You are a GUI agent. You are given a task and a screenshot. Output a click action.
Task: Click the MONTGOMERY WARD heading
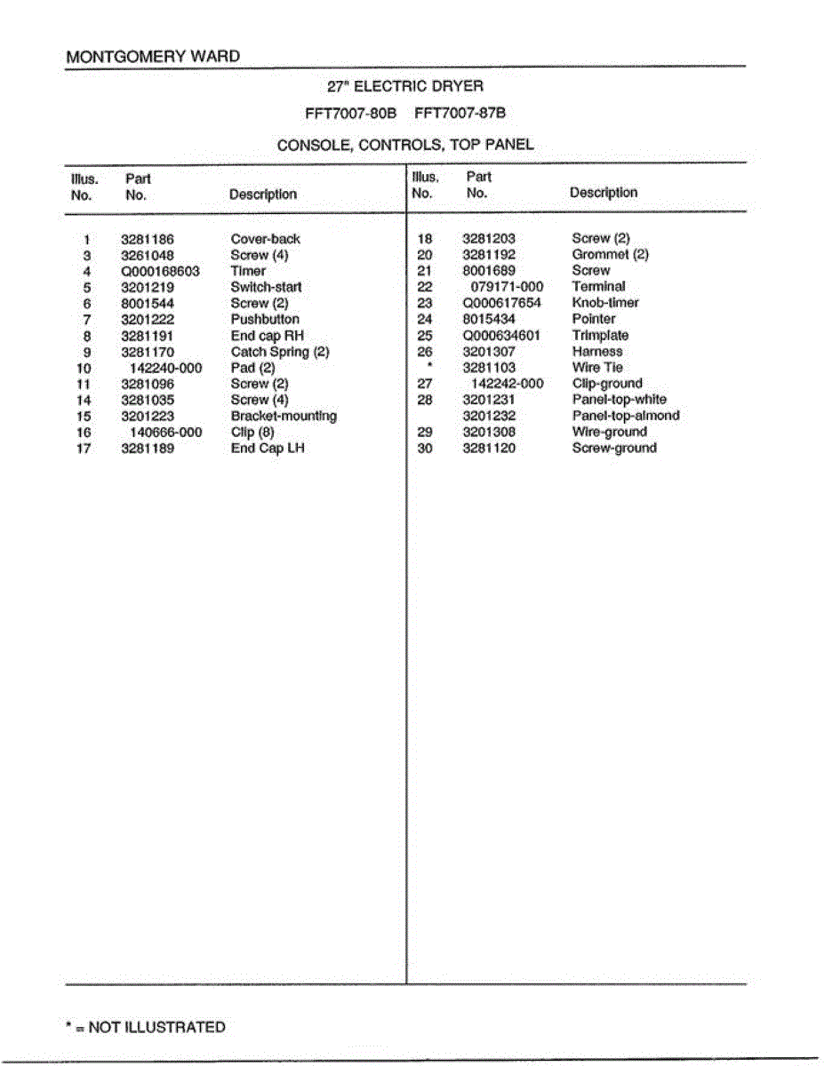pos(153,57)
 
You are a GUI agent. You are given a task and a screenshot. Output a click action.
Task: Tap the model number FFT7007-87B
pos(460,114)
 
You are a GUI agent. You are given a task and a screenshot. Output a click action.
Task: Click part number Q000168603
pos(160,271)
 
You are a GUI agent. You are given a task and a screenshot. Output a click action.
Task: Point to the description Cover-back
pos(265,239)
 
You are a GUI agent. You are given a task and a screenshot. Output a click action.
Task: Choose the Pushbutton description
pos(265,319)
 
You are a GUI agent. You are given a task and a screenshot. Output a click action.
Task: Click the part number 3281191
pos(147,336)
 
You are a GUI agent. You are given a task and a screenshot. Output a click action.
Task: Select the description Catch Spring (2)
pos(280,352)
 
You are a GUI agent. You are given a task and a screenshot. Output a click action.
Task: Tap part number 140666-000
pos(166,432)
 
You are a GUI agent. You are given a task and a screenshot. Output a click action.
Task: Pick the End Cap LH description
pos(267,448)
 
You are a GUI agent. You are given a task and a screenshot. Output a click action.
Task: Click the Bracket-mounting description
pos(284,416)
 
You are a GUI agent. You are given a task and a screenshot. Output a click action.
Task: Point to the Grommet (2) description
pos(610,255)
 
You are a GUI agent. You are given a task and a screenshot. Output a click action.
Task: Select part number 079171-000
pos(507,287)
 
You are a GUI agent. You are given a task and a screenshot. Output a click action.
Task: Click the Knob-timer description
pos(605,303)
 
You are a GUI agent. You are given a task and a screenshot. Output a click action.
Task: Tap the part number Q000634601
pos(501,336)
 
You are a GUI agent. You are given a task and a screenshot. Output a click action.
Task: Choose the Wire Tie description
pos(597,368)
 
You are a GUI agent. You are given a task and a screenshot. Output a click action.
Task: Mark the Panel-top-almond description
pos(626,416)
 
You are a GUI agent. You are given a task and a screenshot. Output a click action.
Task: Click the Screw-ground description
pos(614,448)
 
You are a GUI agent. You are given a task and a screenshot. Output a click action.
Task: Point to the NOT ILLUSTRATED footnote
pos(146,1027)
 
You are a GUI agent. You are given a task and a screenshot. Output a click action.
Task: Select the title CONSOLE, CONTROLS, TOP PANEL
pos(405,145)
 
